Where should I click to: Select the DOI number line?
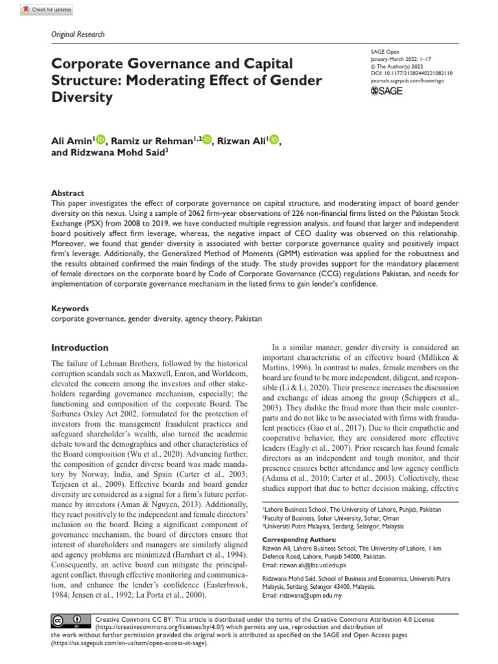(x=411, y=75)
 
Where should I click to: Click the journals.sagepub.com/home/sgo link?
(x=406, y=82)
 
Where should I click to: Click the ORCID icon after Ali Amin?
(x=102, y=139)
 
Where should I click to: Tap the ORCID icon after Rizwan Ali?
(x=274, y=139)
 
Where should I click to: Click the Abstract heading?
(x=67, y=193)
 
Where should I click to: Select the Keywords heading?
(x=69, y=309)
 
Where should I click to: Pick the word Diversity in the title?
(x=82, y=98)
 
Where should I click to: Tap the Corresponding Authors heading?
(x=299, y=539)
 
